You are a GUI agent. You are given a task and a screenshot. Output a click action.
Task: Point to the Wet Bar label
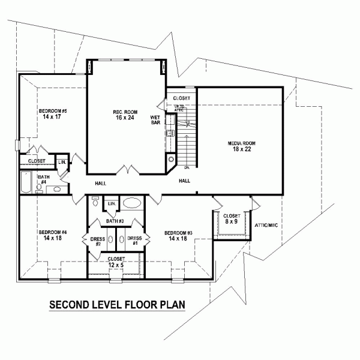click(x=155, y=119)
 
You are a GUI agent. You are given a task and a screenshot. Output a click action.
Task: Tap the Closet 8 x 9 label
click(x=232, y=219)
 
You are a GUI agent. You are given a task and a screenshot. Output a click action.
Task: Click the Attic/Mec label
click(x=266, y=225)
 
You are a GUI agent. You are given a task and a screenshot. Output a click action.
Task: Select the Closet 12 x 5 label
click(x=116, y=262)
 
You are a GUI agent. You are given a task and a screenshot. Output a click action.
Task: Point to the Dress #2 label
click(x=97, y=242)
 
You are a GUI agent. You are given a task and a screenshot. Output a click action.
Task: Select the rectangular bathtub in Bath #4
click(x=25, y=182)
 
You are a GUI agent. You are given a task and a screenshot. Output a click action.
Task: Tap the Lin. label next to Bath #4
click(x=62, y=162)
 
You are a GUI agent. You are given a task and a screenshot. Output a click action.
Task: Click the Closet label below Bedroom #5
click(x=37, y=161)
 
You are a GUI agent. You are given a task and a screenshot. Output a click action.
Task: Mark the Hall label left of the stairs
click(x=101, y=183)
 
